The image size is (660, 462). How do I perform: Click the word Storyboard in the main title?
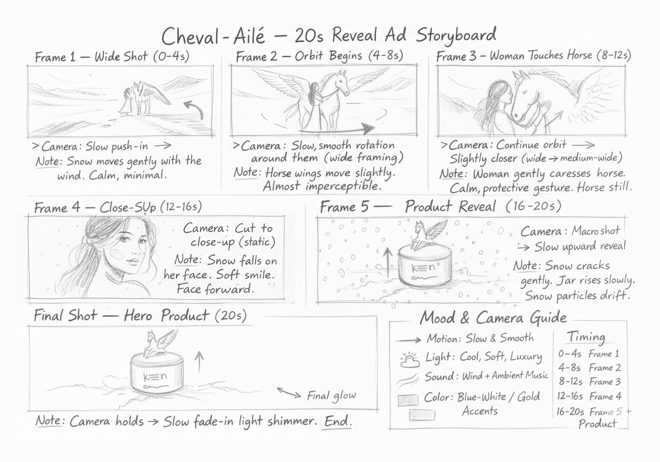456,36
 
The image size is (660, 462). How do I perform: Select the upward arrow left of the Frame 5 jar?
388,262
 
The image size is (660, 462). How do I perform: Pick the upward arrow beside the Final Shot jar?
199,362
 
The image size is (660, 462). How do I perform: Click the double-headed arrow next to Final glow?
289,393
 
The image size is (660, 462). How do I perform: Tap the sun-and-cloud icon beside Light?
410,360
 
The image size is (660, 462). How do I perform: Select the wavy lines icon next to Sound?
408,380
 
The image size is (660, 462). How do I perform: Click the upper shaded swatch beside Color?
408,400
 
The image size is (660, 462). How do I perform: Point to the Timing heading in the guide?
586,336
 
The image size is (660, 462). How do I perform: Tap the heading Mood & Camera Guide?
493,317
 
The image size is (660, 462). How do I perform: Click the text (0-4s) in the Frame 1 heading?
171,56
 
